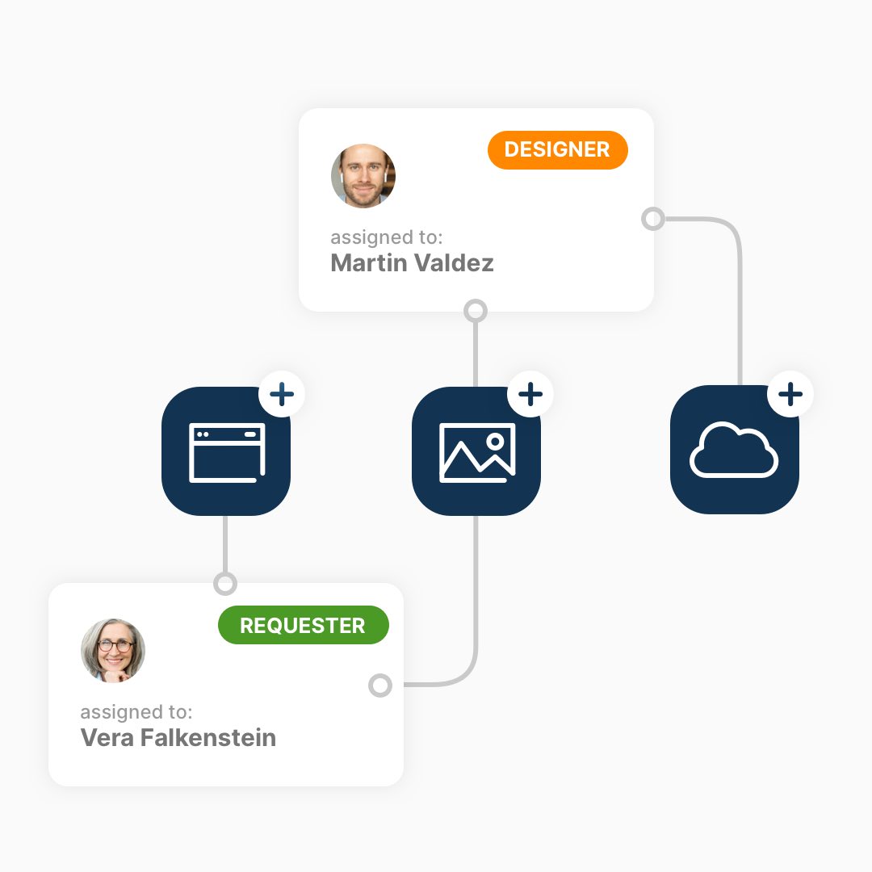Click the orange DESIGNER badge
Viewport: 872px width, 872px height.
(x=557, y=149)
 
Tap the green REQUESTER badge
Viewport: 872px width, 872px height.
(x=303, y=625)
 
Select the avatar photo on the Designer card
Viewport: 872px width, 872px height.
(x=363, y=176)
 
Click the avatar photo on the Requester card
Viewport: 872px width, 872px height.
(x=113, y=650)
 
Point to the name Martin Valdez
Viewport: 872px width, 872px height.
(x=412, y=263)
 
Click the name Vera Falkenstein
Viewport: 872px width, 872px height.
(x=178, y=737)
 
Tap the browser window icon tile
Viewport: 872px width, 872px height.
(x=226, y=451)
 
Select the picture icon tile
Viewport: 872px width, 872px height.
(x=476, y=451)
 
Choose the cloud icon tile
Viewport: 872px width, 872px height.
(x=734, y=450)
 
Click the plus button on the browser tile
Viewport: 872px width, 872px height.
(x=282, y=394)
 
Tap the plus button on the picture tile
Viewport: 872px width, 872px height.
(x=530, y=394)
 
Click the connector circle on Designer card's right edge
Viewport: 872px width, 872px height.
(x=653, y=219)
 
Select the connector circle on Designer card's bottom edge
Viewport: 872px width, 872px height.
(x=476, y=311)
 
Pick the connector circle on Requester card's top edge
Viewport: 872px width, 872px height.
(x=225, y=584)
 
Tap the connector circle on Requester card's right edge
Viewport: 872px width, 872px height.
(x=380, y=685)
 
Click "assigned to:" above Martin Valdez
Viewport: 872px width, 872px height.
(x=387, y=237)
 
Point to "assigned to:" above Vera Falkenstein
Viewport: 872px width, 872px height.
(x=136, y=712)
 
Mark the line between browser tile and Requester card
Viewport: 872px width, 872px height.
(x=225, y=544)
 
